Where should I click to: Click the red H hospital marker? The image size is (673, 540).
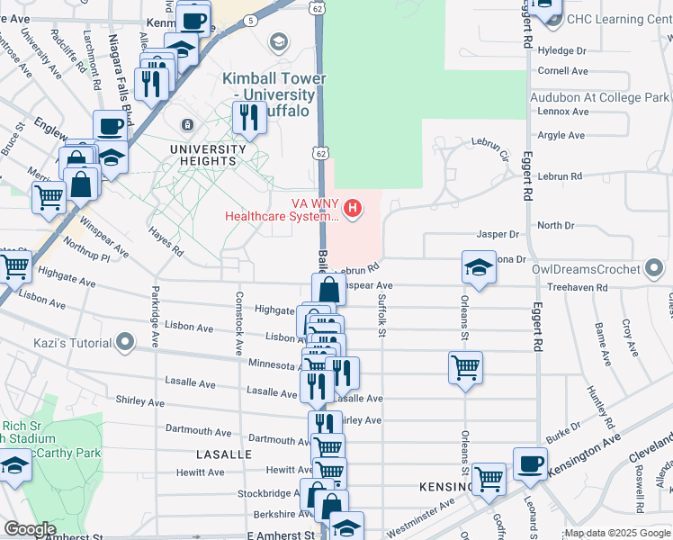point(353,210)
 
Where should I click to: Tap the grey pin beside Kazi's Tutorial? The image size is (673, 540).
point(125,342)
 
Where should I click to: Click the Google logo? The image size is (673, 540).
point(30,529)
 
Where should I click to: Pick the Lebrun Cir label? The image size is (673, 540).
point(490,148)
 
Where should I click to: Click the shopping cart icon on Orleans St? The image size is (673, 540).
point(465,366)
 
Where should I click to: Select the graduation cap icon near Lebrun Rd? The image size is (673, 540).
point(479,266)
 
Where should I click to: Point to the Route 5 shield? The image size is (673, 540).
point(249,19)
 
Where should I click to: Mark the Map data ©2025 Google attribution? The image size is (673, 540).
point(617,533)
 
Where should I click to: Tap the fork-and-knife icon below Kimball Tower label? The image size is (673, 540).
point(247,116)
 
